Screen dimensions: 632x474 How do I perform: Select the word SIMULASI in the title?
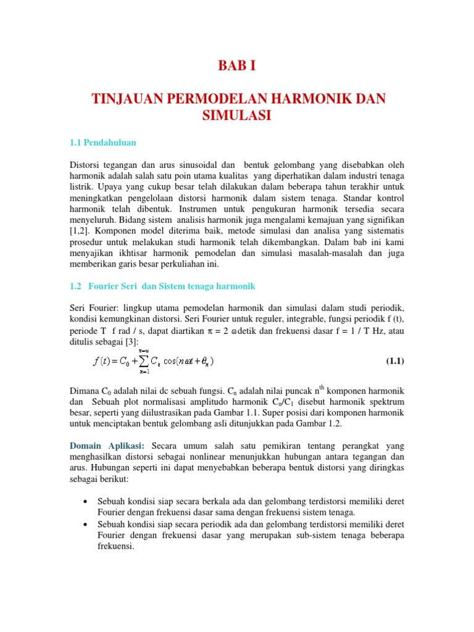[x=237, y=115]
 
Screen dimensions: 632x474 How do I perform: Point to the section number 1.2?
[x=77, y=286]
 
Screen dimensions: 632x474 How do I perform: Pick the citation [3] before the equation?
[x=131, y=342]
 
